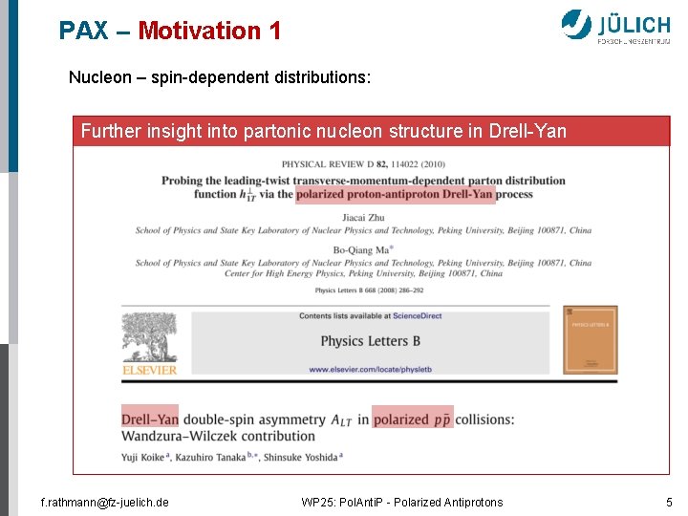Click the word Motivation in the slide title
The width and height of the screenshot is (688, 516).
197,31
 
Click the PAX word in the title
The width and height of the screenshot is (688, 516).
84,31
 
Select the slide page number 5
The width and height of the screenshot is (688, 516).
669,502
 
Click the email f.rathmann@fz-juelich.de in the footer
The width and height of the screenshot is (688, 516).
105,502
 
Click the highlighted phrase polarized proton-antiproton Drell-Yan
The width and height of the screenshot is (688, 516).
395,194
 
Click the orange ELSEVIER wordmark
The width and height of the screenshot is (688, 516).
149,370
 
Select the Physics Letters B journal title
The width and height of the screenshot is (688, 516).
370,340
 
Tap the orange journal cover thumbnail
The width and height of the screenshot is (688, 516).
590,339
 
